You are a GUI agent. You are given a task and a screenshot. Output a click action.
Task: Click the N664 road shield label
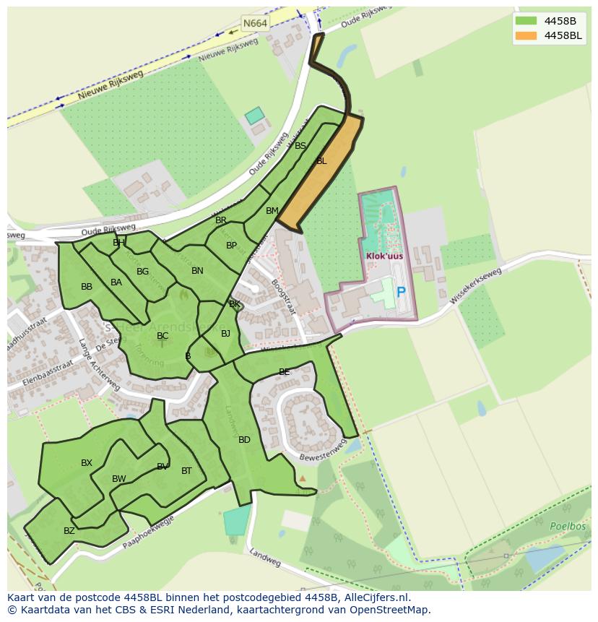pyautogui.click(x=255, y=23)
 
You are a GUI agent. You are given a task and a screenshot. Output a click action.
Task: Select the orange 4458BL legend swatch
pyautogui.click(x=526, y=35)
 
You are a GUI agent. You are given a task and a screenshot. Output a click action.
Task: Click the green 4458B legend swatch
pyautogui.click(x=526, y=20)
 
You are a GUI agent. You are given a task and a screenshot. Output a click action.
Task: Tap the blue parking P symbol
pyautogui.click(x=401, y=293)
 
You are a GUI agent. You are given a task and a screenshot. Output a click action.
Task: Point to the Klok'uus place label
pyautogui.click(x=384, y=256)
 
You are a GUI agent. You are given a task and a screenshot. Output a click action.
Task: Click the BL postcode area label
pyautogui.click(x=321, y=161)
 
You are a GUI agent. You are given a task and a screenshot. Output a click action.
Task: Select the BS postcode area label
pyautogui.click(x=300, y=146)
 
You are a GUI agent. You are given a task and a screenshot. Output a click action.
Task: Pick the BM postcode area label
pyautogui.click(x=272, y=211)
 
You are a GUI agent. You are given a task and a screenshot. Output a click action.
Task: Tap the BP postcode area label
pyautogui.click(x=231, y=246)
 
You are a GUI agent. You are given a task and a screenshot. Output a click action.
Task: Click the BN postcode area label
pyautogui.click(x=197, y=271)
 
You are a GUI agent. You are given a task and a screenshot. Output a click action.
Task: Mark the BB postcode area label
pyautogui.click(x=87, y=287)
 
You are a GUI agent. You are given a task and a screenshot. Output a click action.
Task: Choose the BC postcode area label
pyautogui.click(x=162, y=336)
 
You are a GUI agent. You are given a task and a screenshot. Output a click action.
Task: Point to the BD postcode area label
pyautogui.click(x=244, y=440)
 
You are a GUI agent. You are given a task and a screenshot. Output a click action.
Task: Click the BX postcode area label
pyautogui.click(x=87, y=463)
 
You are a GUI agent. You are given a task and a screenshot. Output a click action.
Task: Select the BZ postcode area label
pyautogui.click(x=69, y=531)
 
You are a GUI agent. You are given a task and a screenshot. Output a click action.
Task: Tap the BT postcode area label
pyautogui.click(x=186, y=471)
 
